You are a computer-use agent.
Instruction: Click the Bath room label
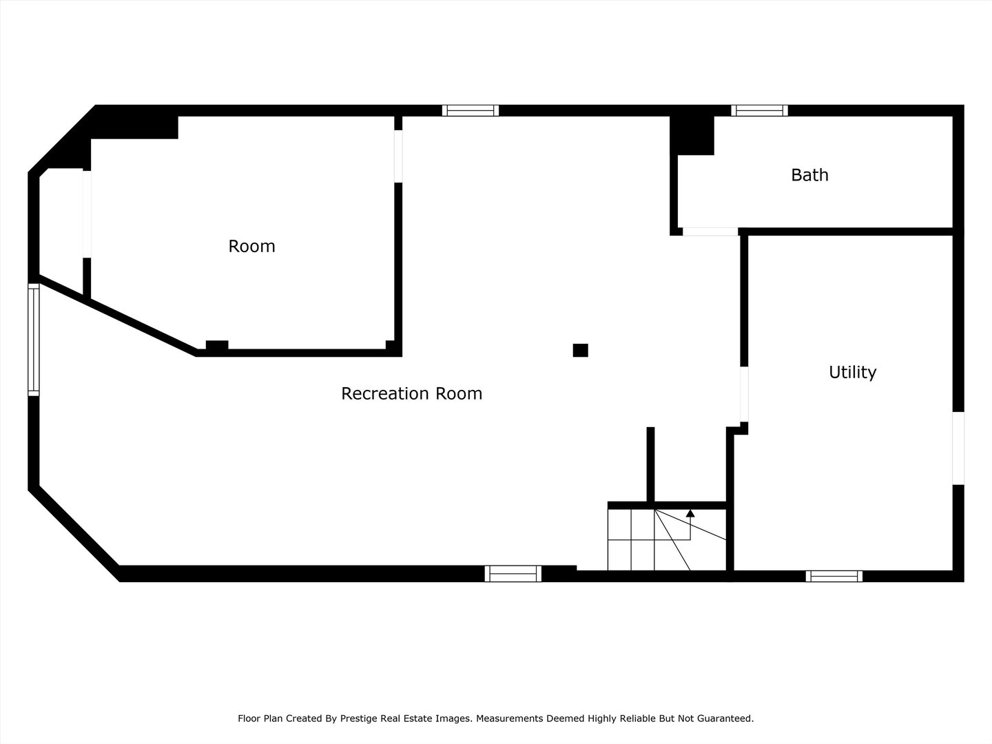point(809,175)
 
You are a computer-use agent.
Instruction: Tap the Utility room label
point(852,372)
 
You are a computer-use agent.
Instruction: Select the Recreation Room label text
point(412,393)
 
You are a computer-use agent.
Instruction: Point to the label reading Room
point(251,246)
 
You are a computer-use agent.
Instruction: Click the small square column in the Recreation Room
point(580,350)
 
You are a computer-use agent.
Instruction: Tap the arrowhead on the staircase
point(690,513)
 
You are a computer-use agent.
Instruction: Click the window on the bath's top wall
point(759,111)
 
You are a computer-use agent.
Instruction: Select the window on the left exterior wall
point(34,340)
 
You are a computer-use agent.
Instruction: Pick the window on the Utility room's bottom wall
point(834,577)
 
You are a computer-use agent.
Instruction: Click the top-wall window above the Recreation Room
point(470,111)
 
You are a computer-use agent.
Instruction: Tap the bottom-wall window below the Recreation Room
point(513,574)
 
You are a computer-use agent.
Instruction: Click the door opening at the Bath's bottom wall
point(710,231)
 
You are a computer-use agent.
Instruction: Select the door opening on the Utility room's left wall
point(744,394)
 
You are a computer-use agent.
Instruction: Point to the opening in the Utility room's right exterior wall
point(958,448)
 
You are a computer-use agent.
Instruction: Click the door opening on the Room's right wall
point(398,156)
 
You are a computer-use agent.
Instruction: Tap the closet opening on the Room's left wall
point(87,214)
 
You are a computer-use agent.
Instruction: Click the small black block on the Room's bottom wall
point(217,345)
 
